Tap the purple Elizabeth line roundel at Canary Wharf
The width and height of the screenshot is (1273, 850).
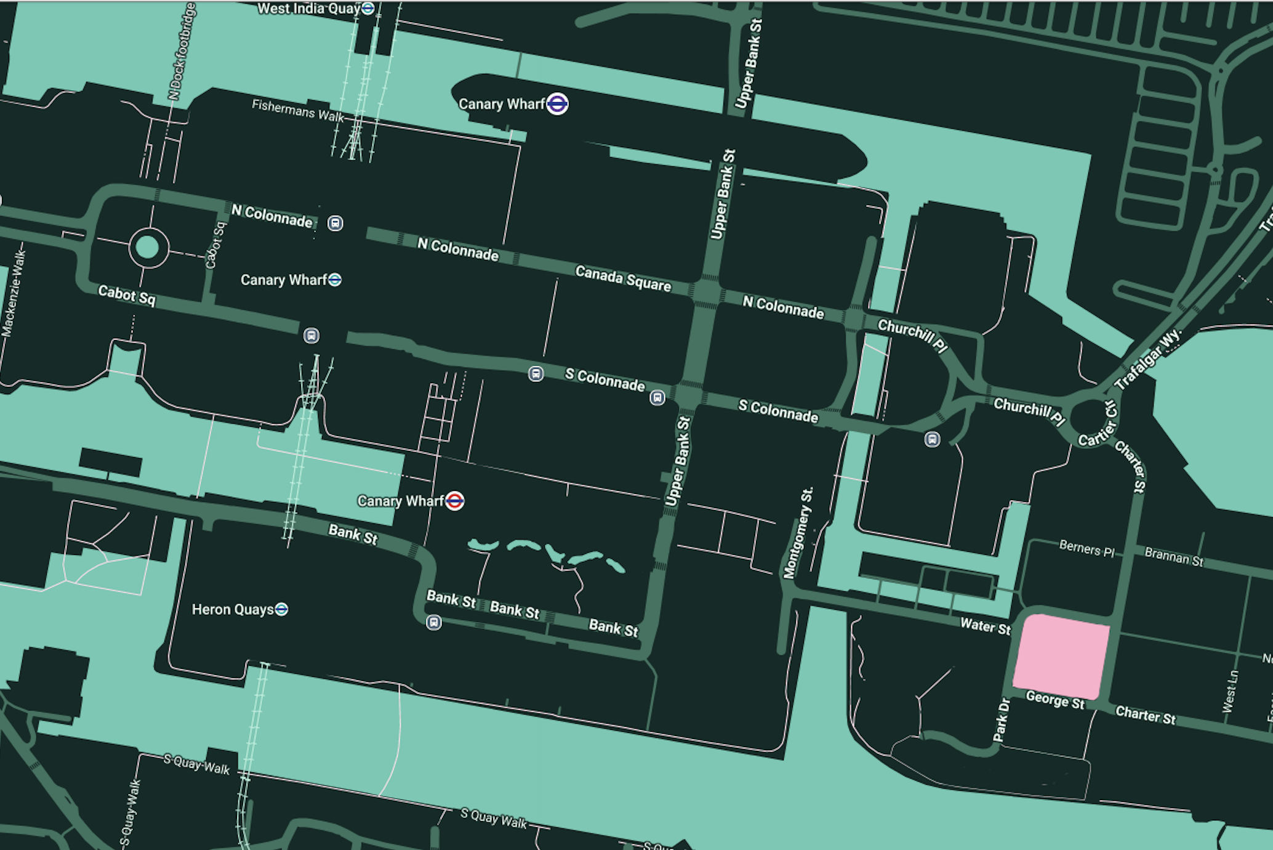pos(557,104)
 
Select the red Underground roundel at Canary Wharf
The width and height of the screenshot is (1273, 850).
pos(454,501)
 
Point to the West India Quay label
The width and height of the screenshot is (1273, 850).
pos(308,9)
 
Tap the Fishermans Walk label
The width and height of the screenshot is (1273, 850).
pos(297,110)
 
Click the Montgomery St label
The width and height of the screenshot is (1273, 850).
pos(798,533)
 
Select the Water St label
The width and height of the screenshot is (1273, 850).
pos(985,626)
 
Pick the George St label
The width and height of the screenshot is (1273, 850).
pos(1055,700)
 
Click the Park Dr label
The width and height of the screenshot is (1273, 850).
pos(1002,719)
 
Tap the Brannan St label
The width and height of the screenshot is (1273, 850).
pos(1173,556)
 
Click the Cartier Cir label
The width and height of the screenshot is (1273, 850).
pos(1098,424)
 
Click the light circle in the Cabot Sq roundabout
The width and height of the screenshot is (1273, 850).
pos(148,248)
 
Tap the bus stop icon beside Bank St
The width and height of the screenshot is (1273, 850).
pos(434,623)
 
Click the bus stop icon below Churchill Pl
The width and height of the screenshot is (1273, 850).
pos(932,439)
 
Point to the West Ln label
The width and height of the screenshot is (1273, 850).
pos(1230,691)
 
